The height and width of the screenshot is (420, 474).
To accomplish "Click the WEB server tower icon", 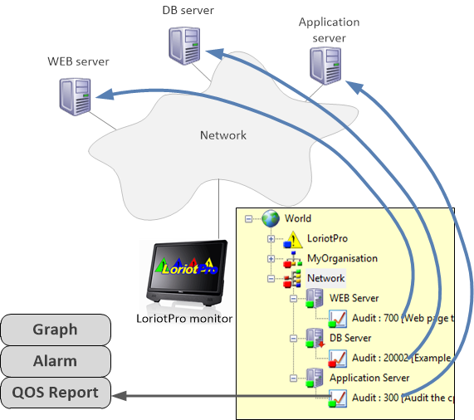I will pos(74,95).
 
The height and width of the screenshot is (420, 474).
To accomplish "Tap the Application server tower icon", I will pos(323,64).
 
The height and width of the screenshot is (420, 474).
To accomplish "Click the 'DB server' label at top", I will pos(188,11).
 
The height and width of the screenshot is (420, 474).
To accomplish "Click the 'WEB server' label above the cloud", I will pos(78,61).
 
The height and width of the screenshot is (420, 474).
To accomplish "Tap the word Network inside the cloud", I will pos(223,135).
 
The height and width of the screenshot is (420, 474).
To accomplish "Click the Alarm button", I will pos(56,361).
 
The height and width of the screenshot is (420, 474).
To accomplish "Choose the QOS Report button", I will pos(56,393).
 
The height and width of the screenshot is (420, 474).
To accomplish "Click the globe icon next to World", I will pos(271,219).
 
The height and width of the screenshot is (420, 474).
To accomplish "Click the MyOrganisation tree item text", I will pos(342,258).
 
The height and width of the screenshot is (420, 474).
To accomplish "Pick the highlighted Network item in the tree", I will pos(325,278).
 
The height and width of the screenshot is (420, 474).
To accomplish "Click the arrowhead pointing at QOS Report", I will pos(119,397).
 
